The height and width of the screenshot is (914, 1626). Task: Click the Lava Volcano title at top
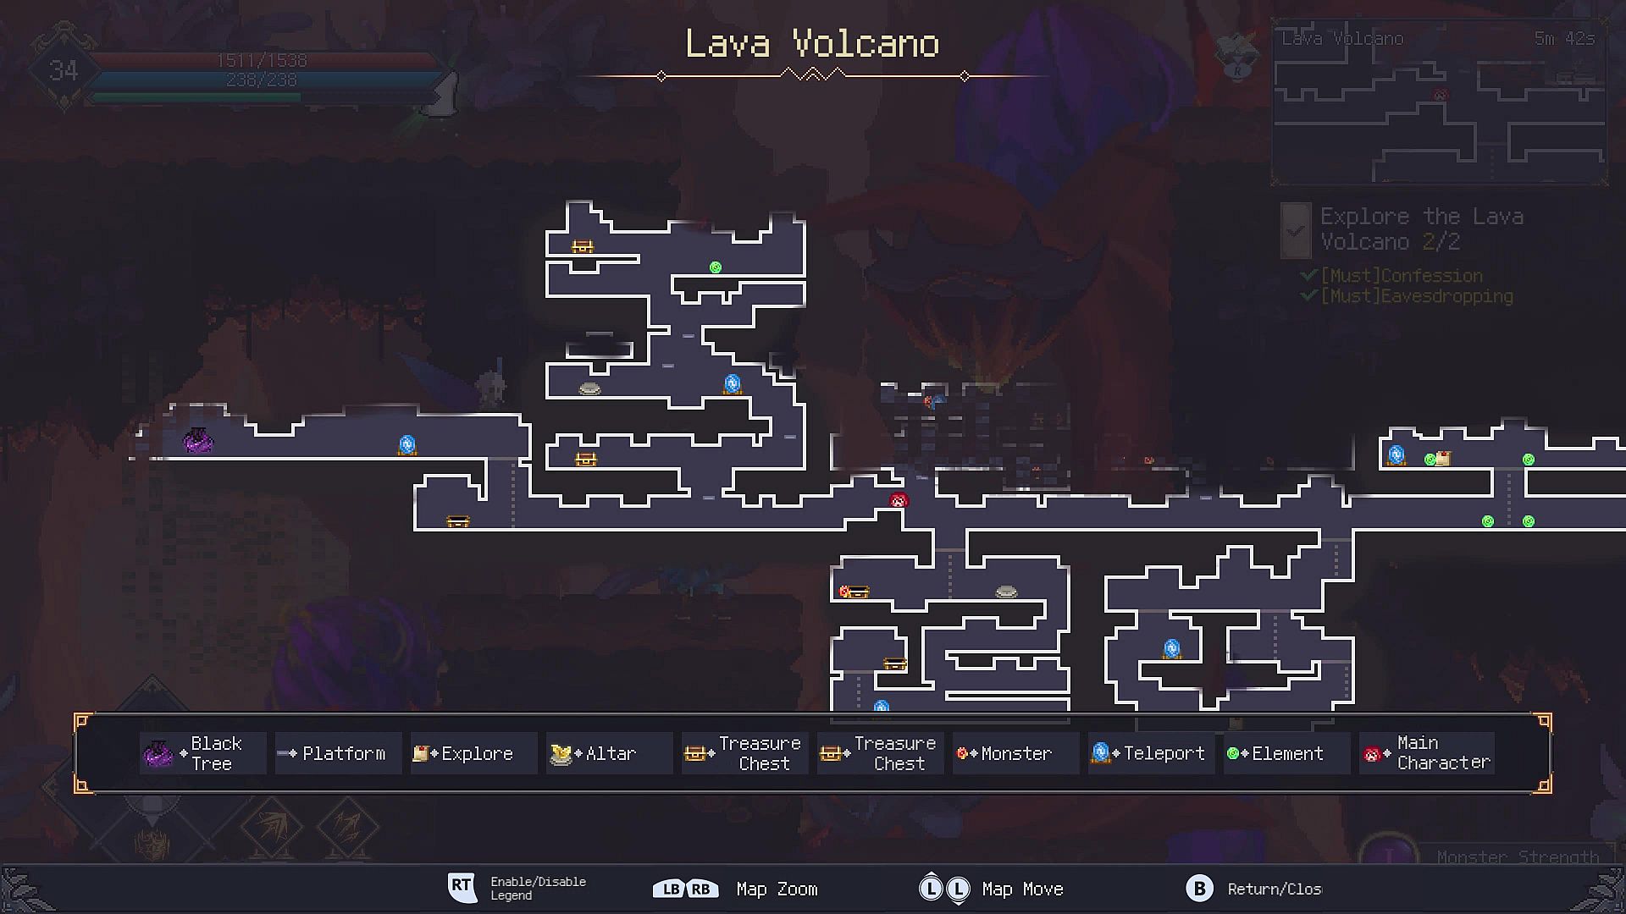(812, 44)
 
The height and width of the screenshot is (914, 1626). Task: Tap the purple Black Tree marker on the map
(198, 440)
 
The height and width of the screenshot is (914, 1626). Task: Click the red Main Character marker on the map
(899, 500)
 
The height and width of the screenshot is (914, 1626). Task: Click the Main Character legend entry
(1426, 753)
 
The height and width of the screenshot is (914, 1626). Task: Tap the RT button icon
(462, 887)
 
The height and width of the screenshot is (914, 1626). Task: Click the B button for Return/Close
(1199, 889)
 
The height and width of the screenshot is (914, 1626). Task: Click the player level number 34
(64, 71)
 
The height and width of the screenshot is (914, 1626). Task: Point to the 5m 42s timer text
(1564, 39)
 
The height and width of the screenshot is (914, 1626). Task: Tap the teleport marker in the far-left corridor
(407, 445)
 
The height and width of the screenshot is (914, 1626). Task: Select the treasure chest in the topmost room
(583, 247)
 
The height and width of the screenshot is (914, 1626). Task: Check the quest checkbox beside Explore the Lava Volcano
(1296, 230)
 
